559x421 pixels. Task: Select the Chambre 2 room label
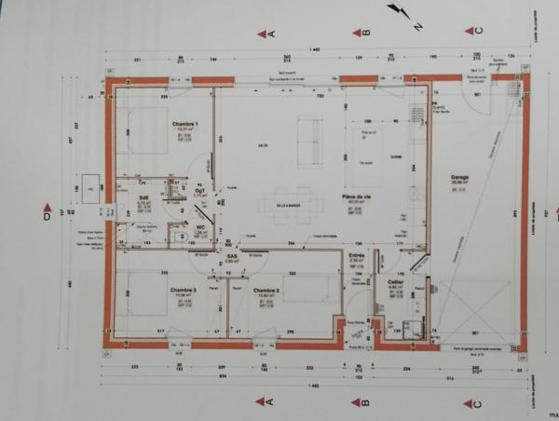[267, 291]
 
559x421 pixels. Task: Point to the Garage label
[459, 176]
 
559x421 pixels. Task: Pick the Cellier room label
[394, 280]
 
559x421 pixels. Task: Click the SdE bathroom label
[144, 197]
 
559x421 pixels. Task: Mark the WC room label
[200, 225]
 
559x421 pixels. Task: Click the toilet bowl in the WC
[180, 237]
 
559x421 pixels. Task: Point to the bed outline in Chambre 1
[140, 130]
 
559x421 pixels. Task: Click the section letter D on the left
[47, 216]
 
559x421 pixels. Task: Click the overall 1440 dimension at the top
[315, 48]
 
